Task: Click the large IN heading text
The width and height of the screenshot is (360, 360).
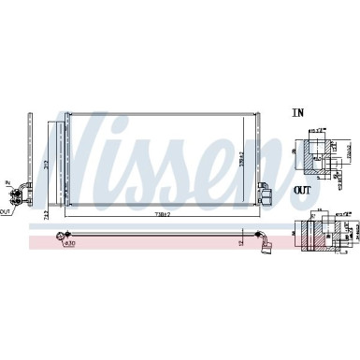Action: point(298,113)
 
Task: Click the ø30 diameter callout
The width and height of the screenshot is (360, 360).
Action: point(69,245)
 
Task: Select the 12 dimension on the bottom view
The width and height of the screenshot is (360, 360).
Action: point(239,242)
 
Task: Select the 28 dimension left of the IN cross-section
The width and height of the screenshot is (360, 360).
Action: point(293,148)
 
